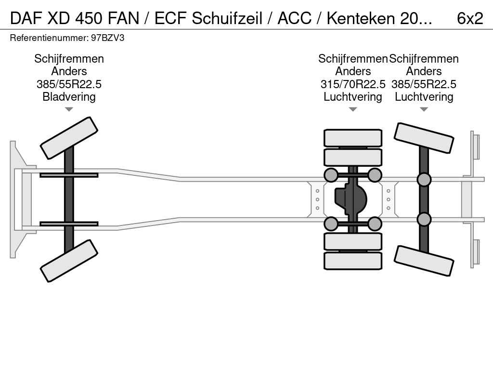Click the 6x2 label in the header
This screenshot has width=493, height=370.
pyautogui.click(x=469, y=18)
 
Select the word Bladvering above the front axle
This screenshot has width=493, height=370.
pyautogui.click(x=69, y=97)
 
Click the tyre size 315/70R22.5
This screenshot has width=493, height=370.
pyautogui.click(x=353, y=84)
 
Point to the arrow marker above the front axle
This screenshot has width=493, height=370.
pyautogui.click(x=69, y=109)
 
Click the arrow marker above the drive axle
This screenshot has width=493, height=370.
pyautogui.click(x=353, y=109)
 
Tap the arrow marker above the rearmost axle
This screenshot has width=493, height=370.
pyautogui.click(x=424, y=109)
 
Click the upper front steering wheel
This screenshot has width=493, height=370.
pyautogui.click(x=69, y=138)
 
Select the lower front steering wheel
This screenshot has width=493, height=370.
pyautogui.click(x=69, y=261)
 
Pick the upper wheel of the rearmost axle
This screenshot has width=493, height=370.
pyautogui.click(x=424, y=138)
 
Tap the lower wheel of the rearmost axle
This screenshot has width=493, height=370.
pyautogui.click(x=424, y=261)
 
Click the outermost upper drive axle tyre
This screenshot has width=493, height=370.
pyautogui.click(x=353, y=138)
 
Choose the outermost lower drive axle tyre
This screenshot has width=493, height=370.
pyautogui.click(x=353, y=261)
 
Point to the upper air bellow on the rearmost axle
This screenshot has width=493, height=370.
pyautogui.click(x=424, y=180)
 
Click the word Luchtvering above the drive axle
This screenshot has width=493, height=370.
pyautogui.click(x=353, y=97)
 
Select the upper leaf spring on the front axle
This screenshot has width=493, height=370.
pyautogui.click(x=69, y=175)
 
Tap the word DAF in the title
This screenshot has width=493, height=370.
pyautogui.click(x=26, y=18)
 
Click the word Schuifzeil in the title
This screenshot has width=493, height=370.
pyautogui.click(x=227, y=18)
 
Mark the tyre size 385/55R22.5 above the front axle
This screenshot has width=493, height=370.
pyautogui.click(x=69, y=84)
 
